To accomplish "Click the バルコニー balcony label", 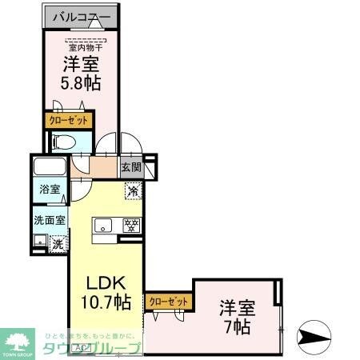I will [82, 16].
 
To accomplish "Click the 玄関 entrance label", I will [132, 168].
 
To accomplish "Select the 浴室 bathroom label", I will [49, 190].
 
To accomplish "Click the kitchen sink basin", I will [103, 226].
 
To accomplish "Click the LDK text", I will [105, 283].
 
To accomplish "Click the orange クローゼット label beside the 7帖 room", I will [169, 301].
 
